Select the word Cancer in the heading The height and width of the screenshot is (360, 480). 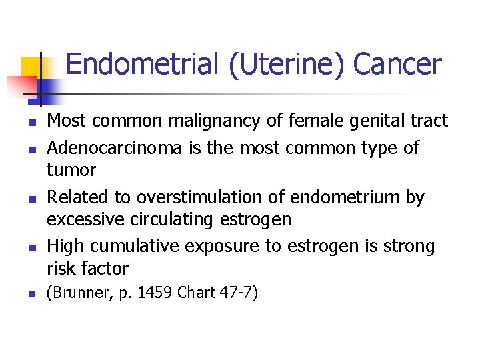pyautogui.click(x=397, y=65)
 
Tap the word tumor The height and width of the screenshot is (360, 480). pyautogui.click(x=71, y=170)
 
